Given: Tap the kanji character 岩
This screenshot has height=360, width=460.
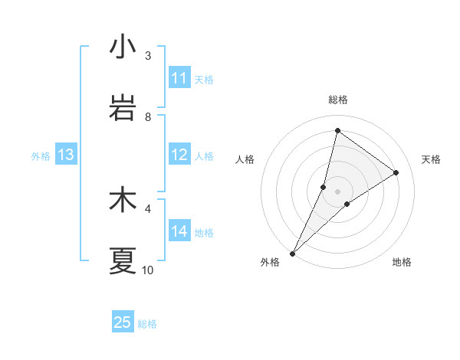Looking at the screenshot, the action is pyautogui.click(x=123, y=109).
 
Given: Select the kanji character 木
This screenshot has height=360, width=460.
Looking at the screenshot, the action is pyautogui.click(x=123, y=201).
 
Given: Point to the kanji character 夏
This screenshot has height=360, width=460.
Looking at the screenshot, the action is pyautogui.click(x=123, y=261).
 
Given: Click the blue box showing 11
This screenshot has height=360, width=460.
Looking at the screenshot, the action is pyautogui.click(x=179, y=78).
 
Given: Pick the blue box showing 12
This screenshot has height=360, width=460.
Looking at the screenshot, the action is pyautogui.click(x=179, y=155).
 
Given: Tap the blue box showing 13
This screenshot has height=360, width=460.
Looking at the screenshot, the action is pyautogui.click(x=65, y=155).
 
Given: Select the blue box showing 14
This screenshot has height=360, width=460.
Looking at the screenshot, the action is pyautogui.click(x=179, y=231).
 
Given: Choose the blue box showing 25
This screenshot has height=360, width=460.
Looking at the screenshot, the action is pyautogui.click(x=123, y=322).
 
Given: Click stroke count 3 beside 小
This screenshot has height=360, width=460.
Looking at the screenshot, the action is pyautogui.click(x=148, y=55).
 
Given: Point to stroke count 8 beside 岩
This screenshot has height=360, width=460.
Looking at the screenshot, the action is pyautogui.click(x=148, y=116).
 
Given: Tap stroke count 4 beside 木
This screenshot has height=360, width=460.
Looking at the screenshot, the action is pyautogui.click(x=148, y=208).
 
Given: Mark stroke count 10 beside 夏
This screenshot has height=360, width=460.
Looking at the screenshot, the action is pyautogui.click(x=148, y=270).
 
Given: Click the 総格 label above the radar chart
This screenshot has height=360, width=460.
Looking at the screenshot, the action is pyautogui.click(x=338, y=100).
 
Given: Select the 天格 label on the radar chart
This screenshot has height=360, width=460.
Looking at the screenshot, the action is pyautogui.click(x=432, y=159).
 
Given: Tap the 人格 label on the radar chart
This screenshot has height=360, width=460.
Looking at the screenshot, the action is pyautogui.click(x=245, y=159).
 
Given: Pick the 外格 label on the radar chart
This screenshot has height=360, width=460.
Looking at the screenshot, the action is pyautogui.click(x=270, y=262).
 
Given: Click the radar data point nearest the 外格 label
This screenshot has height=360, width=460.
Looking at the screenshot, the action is pyautogui.click(x=293, y=253).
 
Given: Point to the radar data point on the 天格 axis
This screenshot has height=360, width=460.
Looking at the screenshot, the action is pyautogui.click(x=396, y=172).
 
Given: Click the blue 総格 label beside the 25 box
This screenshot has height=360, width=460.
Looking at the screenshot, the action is pyautogui.click(x=147, y=324).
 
